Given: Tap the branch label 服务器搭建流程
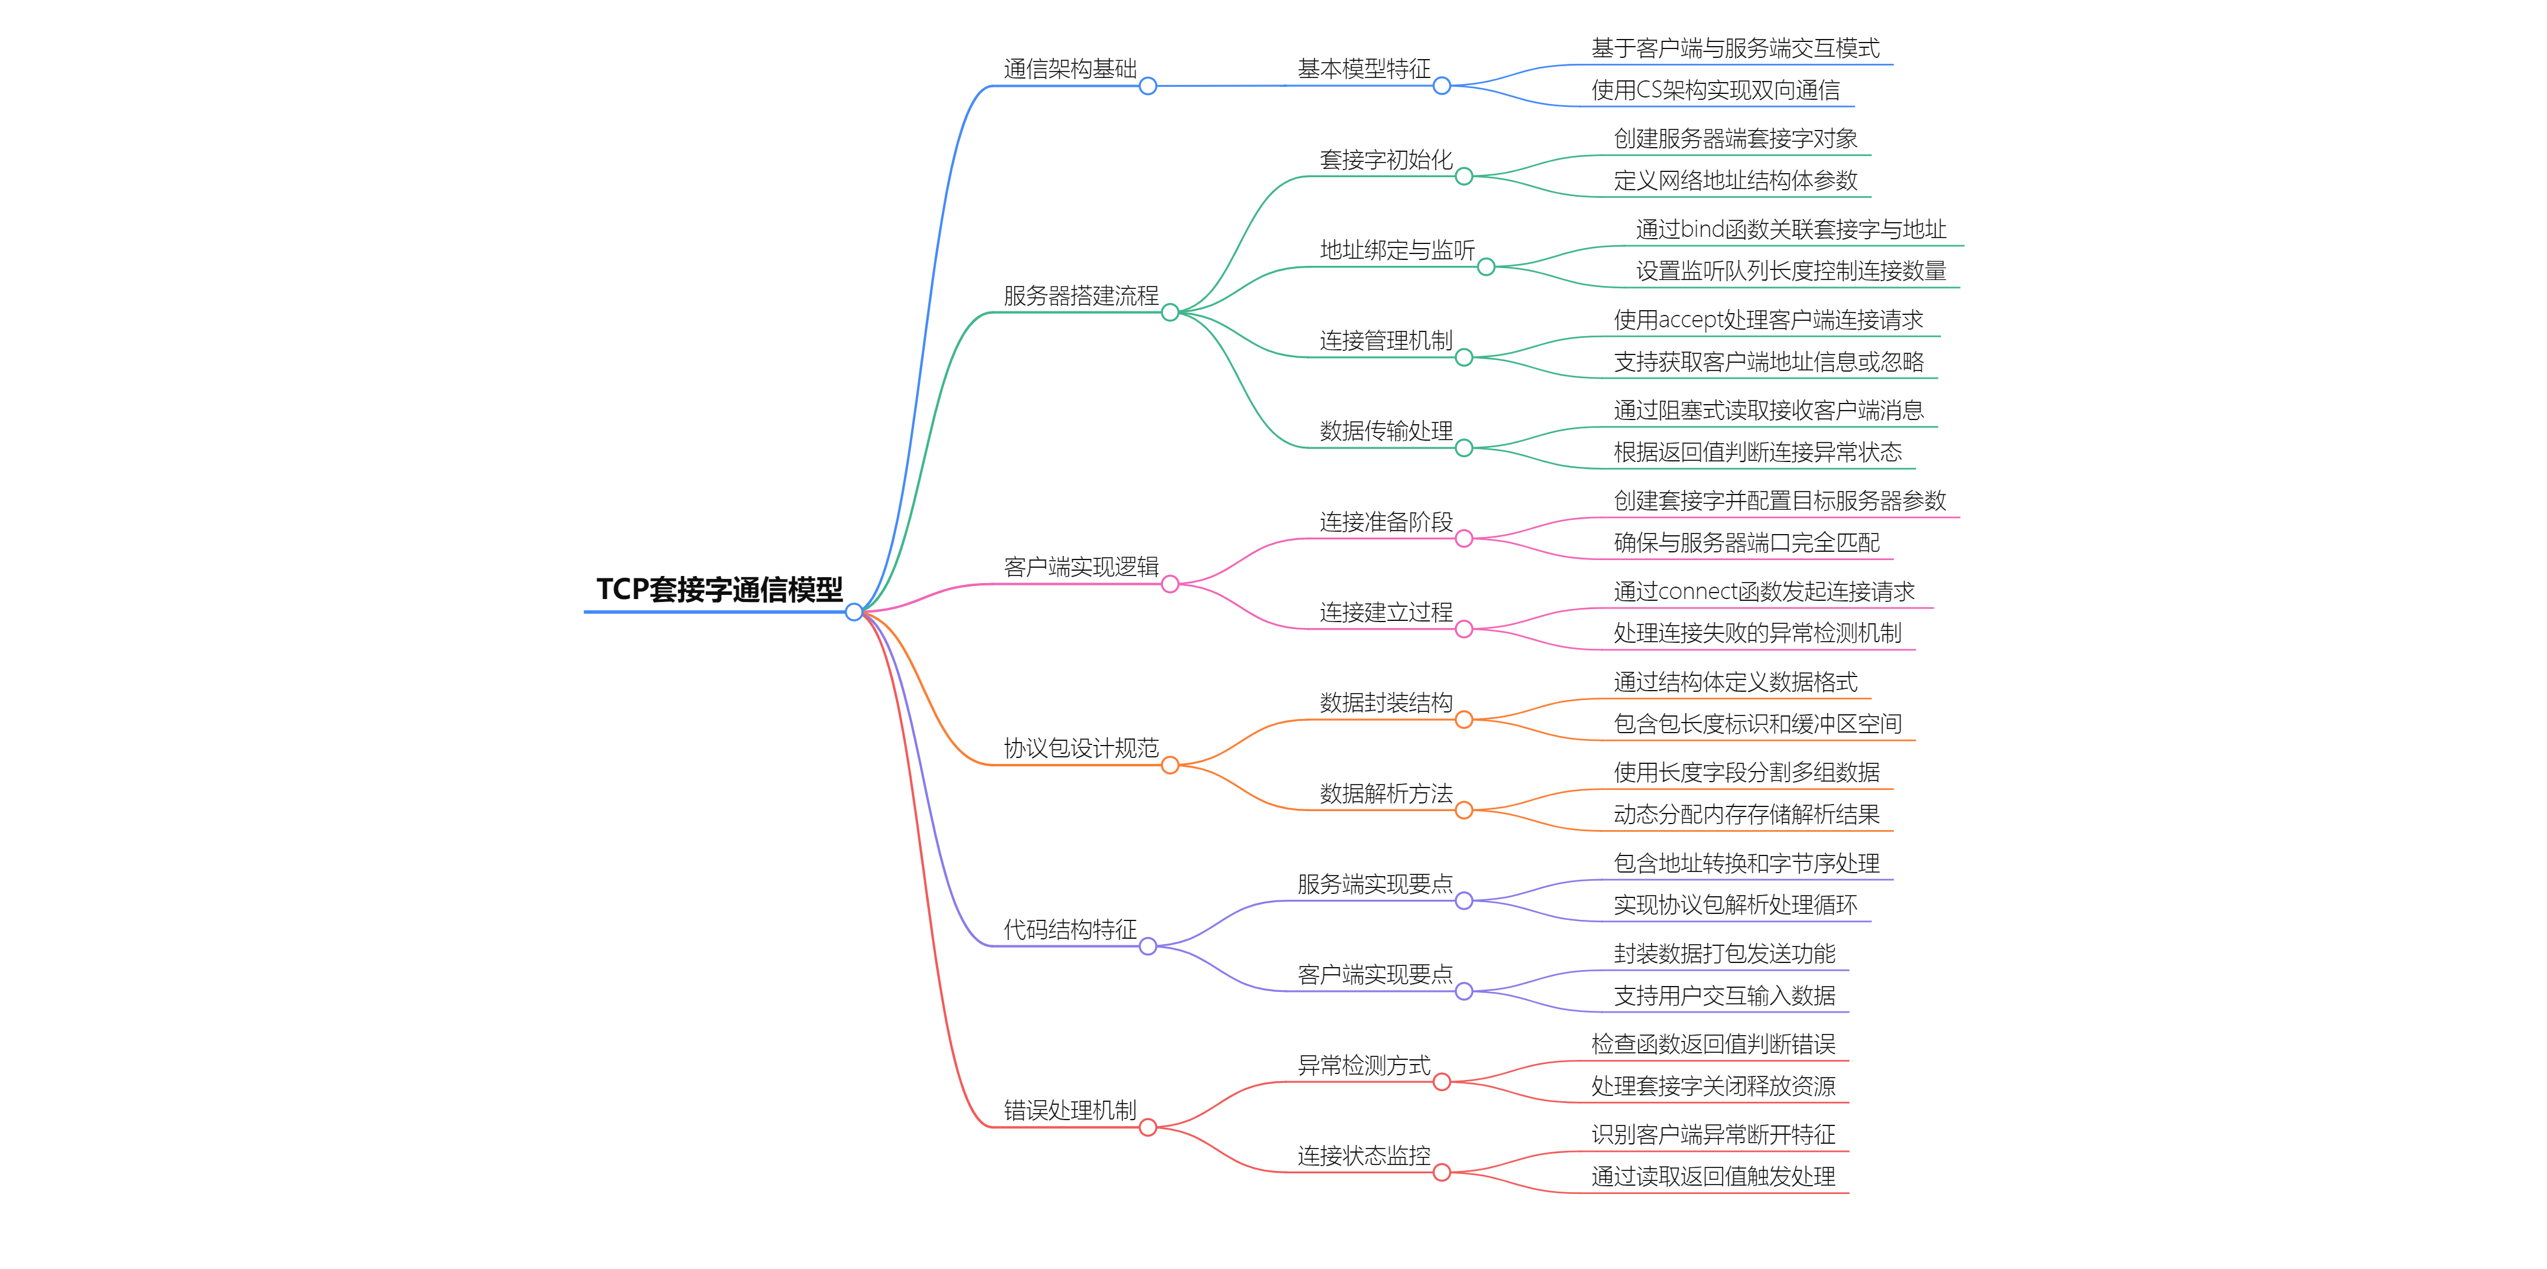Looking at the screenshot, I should pyautogui.click(x=1081, y=295).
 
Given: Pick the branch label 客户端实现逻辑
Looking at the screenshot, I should pyautogui.click(x=1081, y=567).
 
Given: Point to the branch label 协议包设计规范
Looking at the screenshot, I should pyautogui.click(x=1081, y=748).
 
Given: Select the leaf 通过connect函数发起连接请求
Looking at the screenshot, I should pyautogui.click(x=1764, y=591).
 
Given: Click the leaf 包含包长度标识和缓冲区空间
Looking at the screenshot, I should pyautogui.click(x=1757, y=724).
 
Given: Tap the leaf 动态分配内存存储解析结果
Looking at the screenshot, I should pyautogui.click(x=1746, y=814).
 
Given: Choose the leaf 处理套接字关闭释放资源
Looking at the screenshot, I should pyautogui.click(x=1713, y=1086).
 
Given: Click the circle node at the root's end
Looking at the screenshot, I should pyautogui.click(x=854, y=612).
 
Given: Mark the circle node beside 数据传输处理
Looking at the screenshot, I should pyautogui.click(x=1464, y=448).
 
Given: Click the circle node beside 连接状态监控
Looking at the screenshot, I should pyautogui.click(x=1441, y=1172).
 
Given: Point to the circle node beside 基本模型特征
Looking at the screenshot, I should pyautogui.click(x=1441, y=86).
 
